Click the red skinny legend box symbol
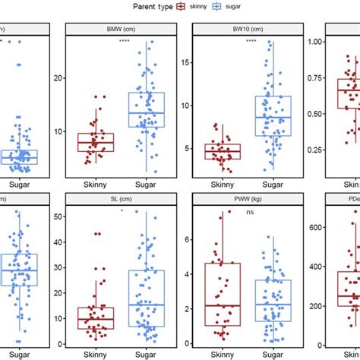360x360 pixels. pyautogui.click(x=181, y=6)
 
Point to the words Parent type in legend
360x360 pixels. pyautogui.click(x=146, y=6)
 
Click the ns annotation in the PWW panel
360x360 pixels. pyautogui.click(x=249, y=213)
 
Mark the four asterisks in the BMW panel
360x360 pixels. pyautogui.click(x=125, y=41)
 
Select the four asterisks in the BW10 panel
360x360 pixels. pyautogui.click(x=251, y=41)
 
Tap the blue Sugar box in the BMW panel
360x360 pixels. pyautogui.click(x=147, y=109)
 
